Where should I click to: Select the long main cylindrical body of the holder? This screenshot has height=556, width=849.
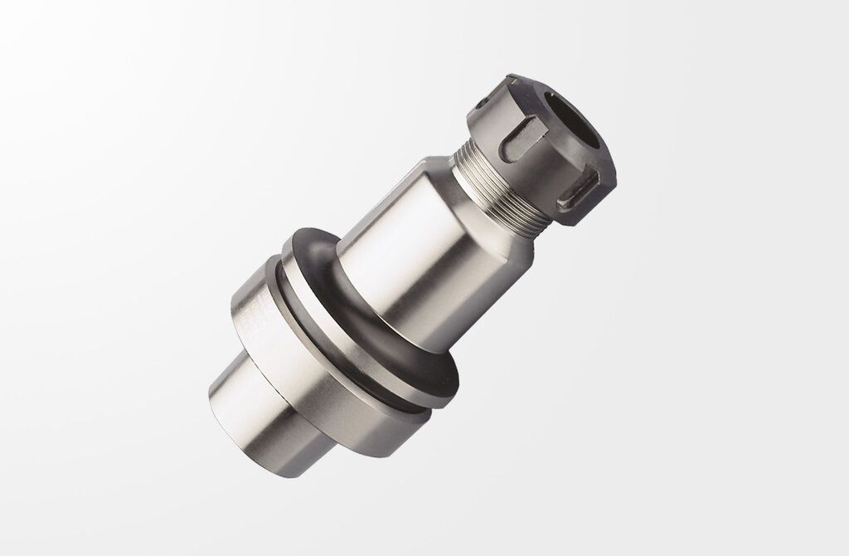tap(415, 249)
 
